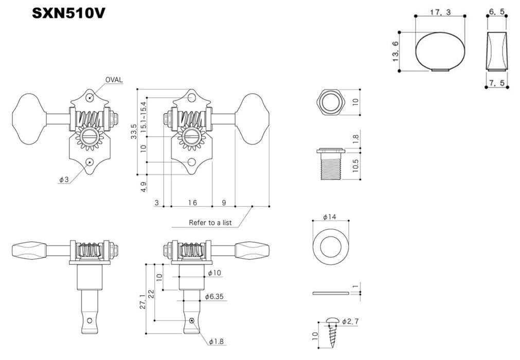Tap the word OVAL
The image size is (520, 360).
click(115, 80)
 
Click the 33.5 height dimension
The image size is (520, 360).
click(134, 132)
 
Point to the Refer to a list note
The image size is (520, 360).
click(210, 223)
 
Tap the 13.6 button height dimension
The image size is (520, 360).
click(396, 51)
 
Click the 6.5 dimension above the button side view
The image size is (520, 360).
click(497, 12)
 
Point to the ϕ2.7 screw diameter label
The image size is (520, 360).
click(353, 321)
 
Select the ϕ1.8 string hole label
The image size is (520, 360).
click(217, 341)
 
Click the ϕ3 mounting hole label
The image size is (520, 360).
click(63, 180)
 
